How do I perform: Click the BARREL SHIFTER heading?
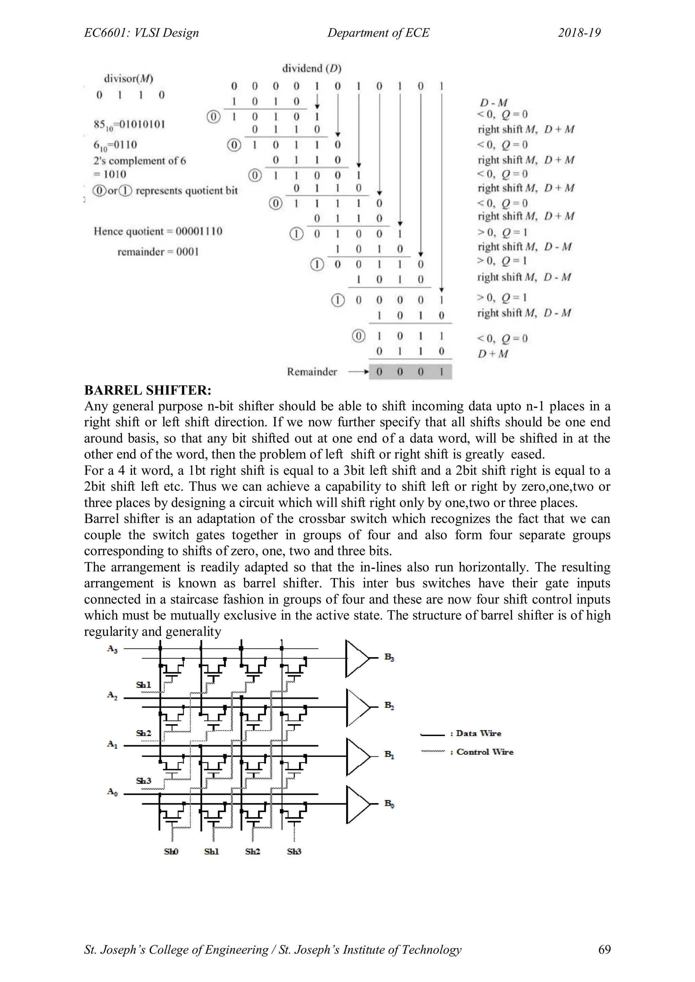(x=148, y=390)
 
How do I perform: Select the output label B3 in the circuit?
(x=389, y=657)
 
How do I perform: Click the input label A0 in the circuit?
(x=112, y=792)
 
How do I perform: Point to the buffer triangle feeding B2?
(x=356, y=708)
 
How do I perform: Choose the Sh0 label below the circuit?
(x=171, y=851)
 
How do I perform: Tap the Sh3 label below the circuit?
(x=294, y=851)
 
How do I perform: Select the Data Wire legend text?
(x=478, y=733)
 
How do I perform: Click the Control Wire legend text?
(x=485, y=752)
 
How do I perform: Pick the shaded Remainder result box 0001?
(x=410, y=372)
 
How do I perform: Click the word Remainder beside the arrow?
(x=312, y=372)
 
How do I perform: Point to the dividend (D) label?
(x=312, y=69)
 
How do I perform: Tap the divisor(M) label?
(x=128, y=79)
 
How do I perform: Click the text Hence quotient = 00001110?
(x=158, y=231)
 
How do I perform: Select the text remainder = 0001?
(x=158, y=252)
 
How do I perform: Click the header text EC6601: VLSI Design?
(x=141, y=33)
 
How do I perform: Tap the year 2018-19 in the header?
(x=579, y=33)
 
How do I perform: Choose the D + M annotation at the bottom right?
(x=493, y=354)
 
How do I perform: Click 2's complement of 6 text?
(x=139, y=161)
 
